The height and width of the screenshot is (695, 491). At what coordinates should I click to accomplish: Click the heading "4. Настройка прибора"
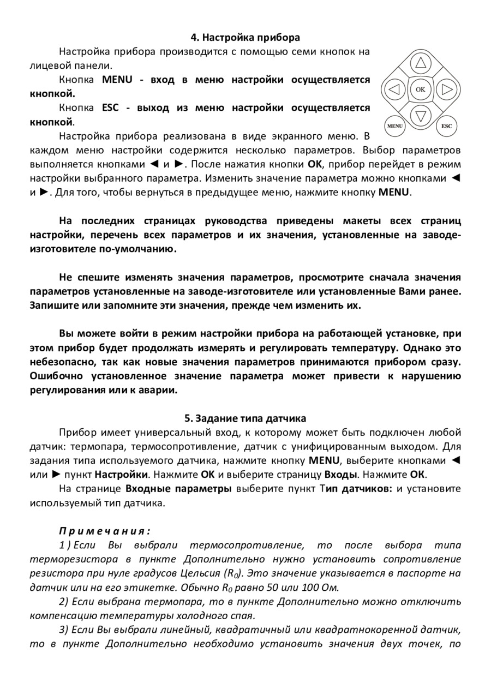245,38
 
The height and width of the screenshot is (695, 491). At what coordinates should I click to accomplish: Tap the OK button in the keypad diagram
421,88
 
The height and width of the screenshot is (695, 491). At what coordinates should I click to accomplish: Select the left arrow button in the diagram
395,88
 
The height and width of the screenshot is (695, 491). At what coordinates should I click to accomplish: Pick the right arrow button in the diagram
446,88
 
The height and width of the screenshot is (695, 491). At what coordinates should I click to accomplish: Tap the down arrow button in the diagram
421,115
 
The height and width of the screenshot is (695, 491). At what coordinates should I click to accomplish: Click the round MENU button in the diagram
394,127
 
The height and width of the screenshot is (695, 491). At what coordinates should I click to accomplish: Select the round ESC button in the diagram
447,127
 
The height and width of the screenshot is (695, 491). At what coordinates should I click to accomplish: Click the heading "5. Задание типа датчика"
245,418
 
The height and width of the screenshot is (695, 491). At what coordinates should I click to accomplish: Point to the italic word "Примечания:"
104,531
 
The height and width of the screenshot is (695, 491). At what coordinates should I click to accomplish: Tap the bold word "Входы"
340,474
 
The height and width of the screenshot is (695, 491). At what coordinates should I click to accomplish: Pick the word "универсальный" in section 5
145,433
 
